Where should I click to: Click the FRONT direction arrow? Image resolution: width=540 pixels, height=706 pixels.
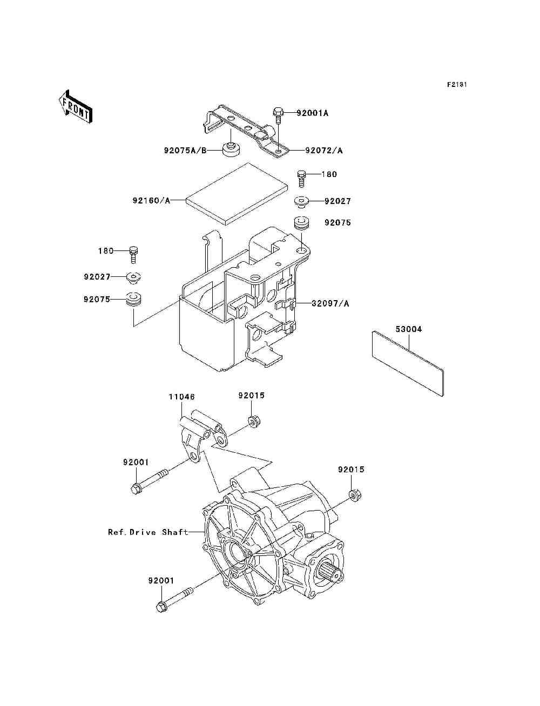coord(75,106)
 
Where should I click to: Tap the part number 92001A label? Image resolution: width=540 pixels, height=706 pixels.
coord(312,113)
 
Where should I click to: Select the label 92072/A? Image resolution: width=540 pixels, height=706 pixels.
coord(324,151)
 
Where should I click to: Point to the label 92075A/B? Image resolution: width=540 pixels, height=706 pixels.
coord(185,151)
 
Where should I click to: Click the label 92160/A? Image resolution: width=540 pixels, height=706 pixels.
coord(151,201)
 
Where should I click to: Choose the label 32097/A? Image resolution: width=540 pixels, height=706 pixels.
coord(330,303)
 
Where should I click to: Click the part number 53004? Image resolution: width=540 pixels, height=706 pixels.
coord(408,329)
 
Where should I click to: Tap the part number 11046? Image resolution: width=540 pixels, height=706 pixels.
coord(181,397)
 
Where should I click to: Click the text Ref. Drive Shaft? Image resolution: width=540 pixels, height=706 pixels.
coord(148,532)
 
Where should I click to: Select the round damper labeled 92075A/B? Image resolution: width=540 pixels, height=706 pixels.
coord(231,148)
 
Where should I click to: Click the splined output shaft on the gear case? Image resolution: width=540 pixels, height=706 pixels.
coord(331,570)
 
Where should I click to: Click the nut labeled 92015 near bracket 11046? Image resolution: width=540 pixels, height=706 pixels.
coord(252,420)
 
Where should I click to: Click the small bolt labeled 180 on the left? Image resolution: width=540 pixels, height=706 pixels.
coord(134,253)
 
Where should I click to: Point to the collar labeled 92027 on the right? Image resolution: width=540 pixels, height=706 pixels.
coord(301,202)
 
